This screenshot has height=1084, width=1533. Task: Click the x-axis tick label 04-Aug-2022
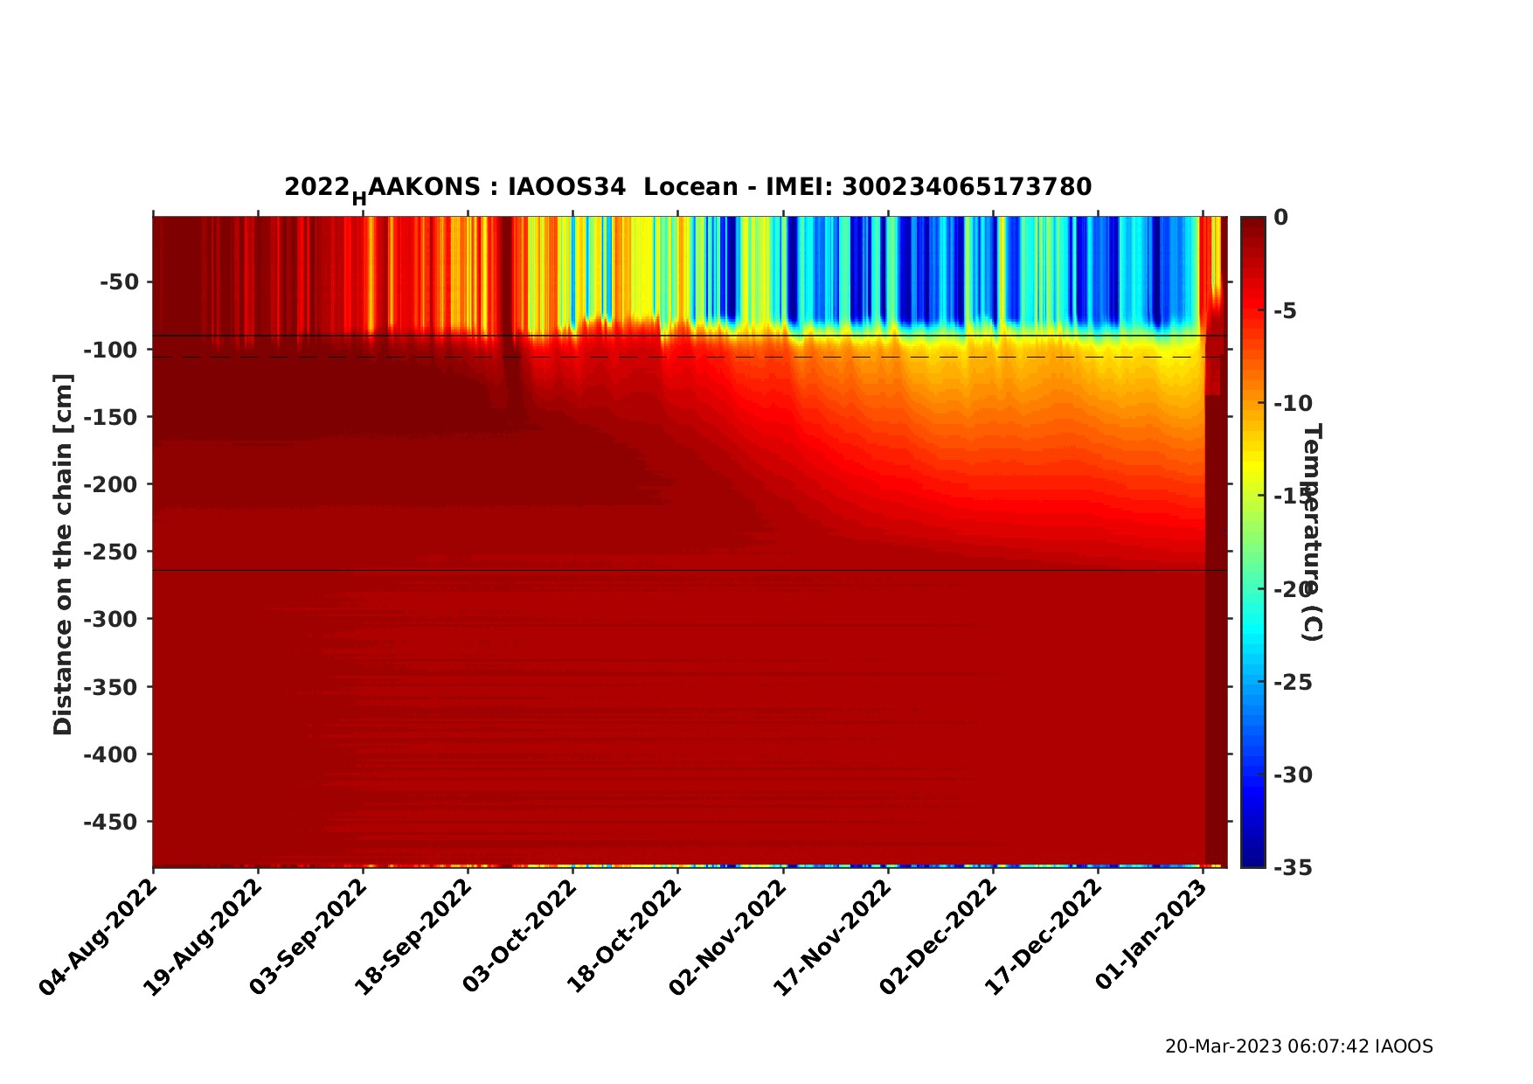[x=98, y=937]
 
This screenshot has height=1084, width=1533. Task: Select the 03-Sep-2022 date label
[x=308, y=937]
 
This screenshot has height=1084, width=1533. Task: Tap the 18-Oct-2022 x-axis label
[x=622, y=937]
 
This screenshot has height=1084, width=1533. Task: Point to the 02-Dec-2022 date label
[x=937, y=937]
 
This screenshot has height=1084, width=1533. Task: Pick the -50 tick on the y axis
[x=119, y=282]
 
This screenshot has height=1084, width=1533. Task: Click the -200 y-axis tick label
[x=111, y=484]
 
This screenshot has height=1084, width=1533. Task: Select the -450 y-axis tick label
[x=111, y=822]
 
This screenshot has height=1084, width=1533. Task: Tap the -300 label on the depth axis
[x=111, y=619]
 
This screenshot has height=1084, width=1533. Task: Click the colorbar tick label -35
[x=1293, y=867]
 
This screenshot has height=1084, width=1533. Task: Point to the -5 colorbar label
[x=1287, y=310]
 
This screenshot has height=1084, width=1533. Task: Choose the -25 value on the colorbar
[x=1293, y=682]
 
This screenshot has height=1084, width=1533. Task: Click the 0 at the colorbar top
[x=1280, y=217]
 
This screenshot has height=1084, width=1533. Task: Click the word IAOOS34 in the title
[x=566, y=187]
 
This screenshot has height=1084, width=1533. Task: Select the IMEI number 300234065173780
[x=966, y=187]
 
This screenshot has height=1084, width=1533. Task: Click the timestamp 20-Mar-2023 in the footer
[x=1224, y=1046]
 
